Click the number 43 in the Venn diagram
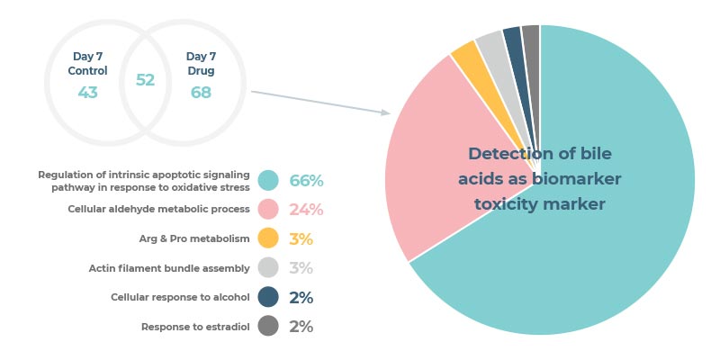(x=87, y=93)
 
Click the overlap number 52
(x=145, y=80)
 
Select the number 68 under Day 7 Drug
(x=201, y=93)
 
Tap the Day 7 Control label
(x=87, y=64)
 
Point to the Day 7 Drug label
(x=201, y=64)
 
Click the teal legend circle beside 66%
(x=268, y=181)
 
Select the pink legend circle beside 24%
(x=268, y=210)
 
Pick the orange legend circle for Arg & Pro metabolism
(x=268, y=238)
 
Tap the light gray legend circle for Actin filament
(x=268, y=267)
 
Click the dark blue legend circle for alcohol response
(x=268, y=297)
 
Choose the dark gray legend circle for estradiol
(x=268, y=326)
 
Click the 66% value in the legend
(x=306, y=181)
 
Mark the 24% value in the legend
(x=306, y=210)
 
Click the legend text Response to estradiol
(x=195, y=327)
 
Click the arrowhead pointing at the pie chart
(x=386, y=112)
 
